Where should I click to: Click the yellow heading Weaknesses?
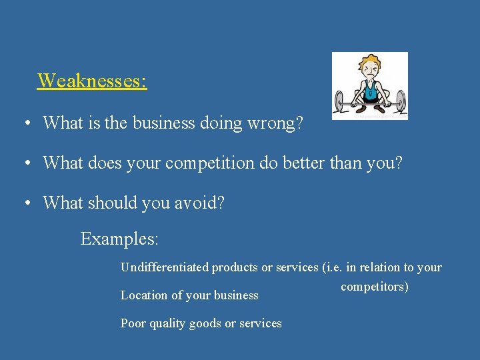click(x=92, y=81)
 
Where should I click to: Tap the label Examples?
click(x=119, y=239)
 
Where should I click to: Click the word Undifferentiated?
click(x=164, y=267)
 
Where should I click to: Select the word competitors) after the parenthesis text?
click(x=374, y=287)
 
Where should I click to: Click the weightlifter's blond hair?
click(x=370, y=61)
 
